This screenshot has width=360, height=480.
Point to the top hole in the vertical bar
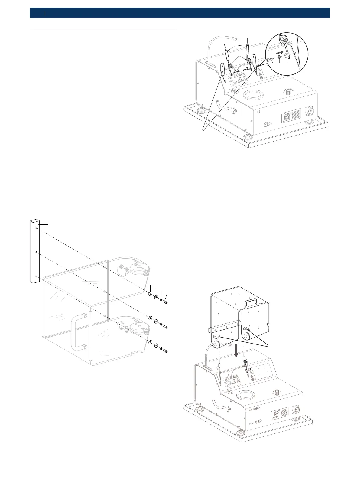coord(37,228)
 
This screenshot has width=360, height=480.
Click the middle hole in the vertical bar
coord(37,252)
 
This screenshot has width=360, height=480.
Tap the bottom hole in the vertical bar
coord(37,276)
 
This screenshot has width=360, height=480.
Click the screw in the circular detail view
coord(269,60)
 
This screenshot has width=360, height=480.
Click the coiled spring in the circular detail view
coord(283,39)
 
